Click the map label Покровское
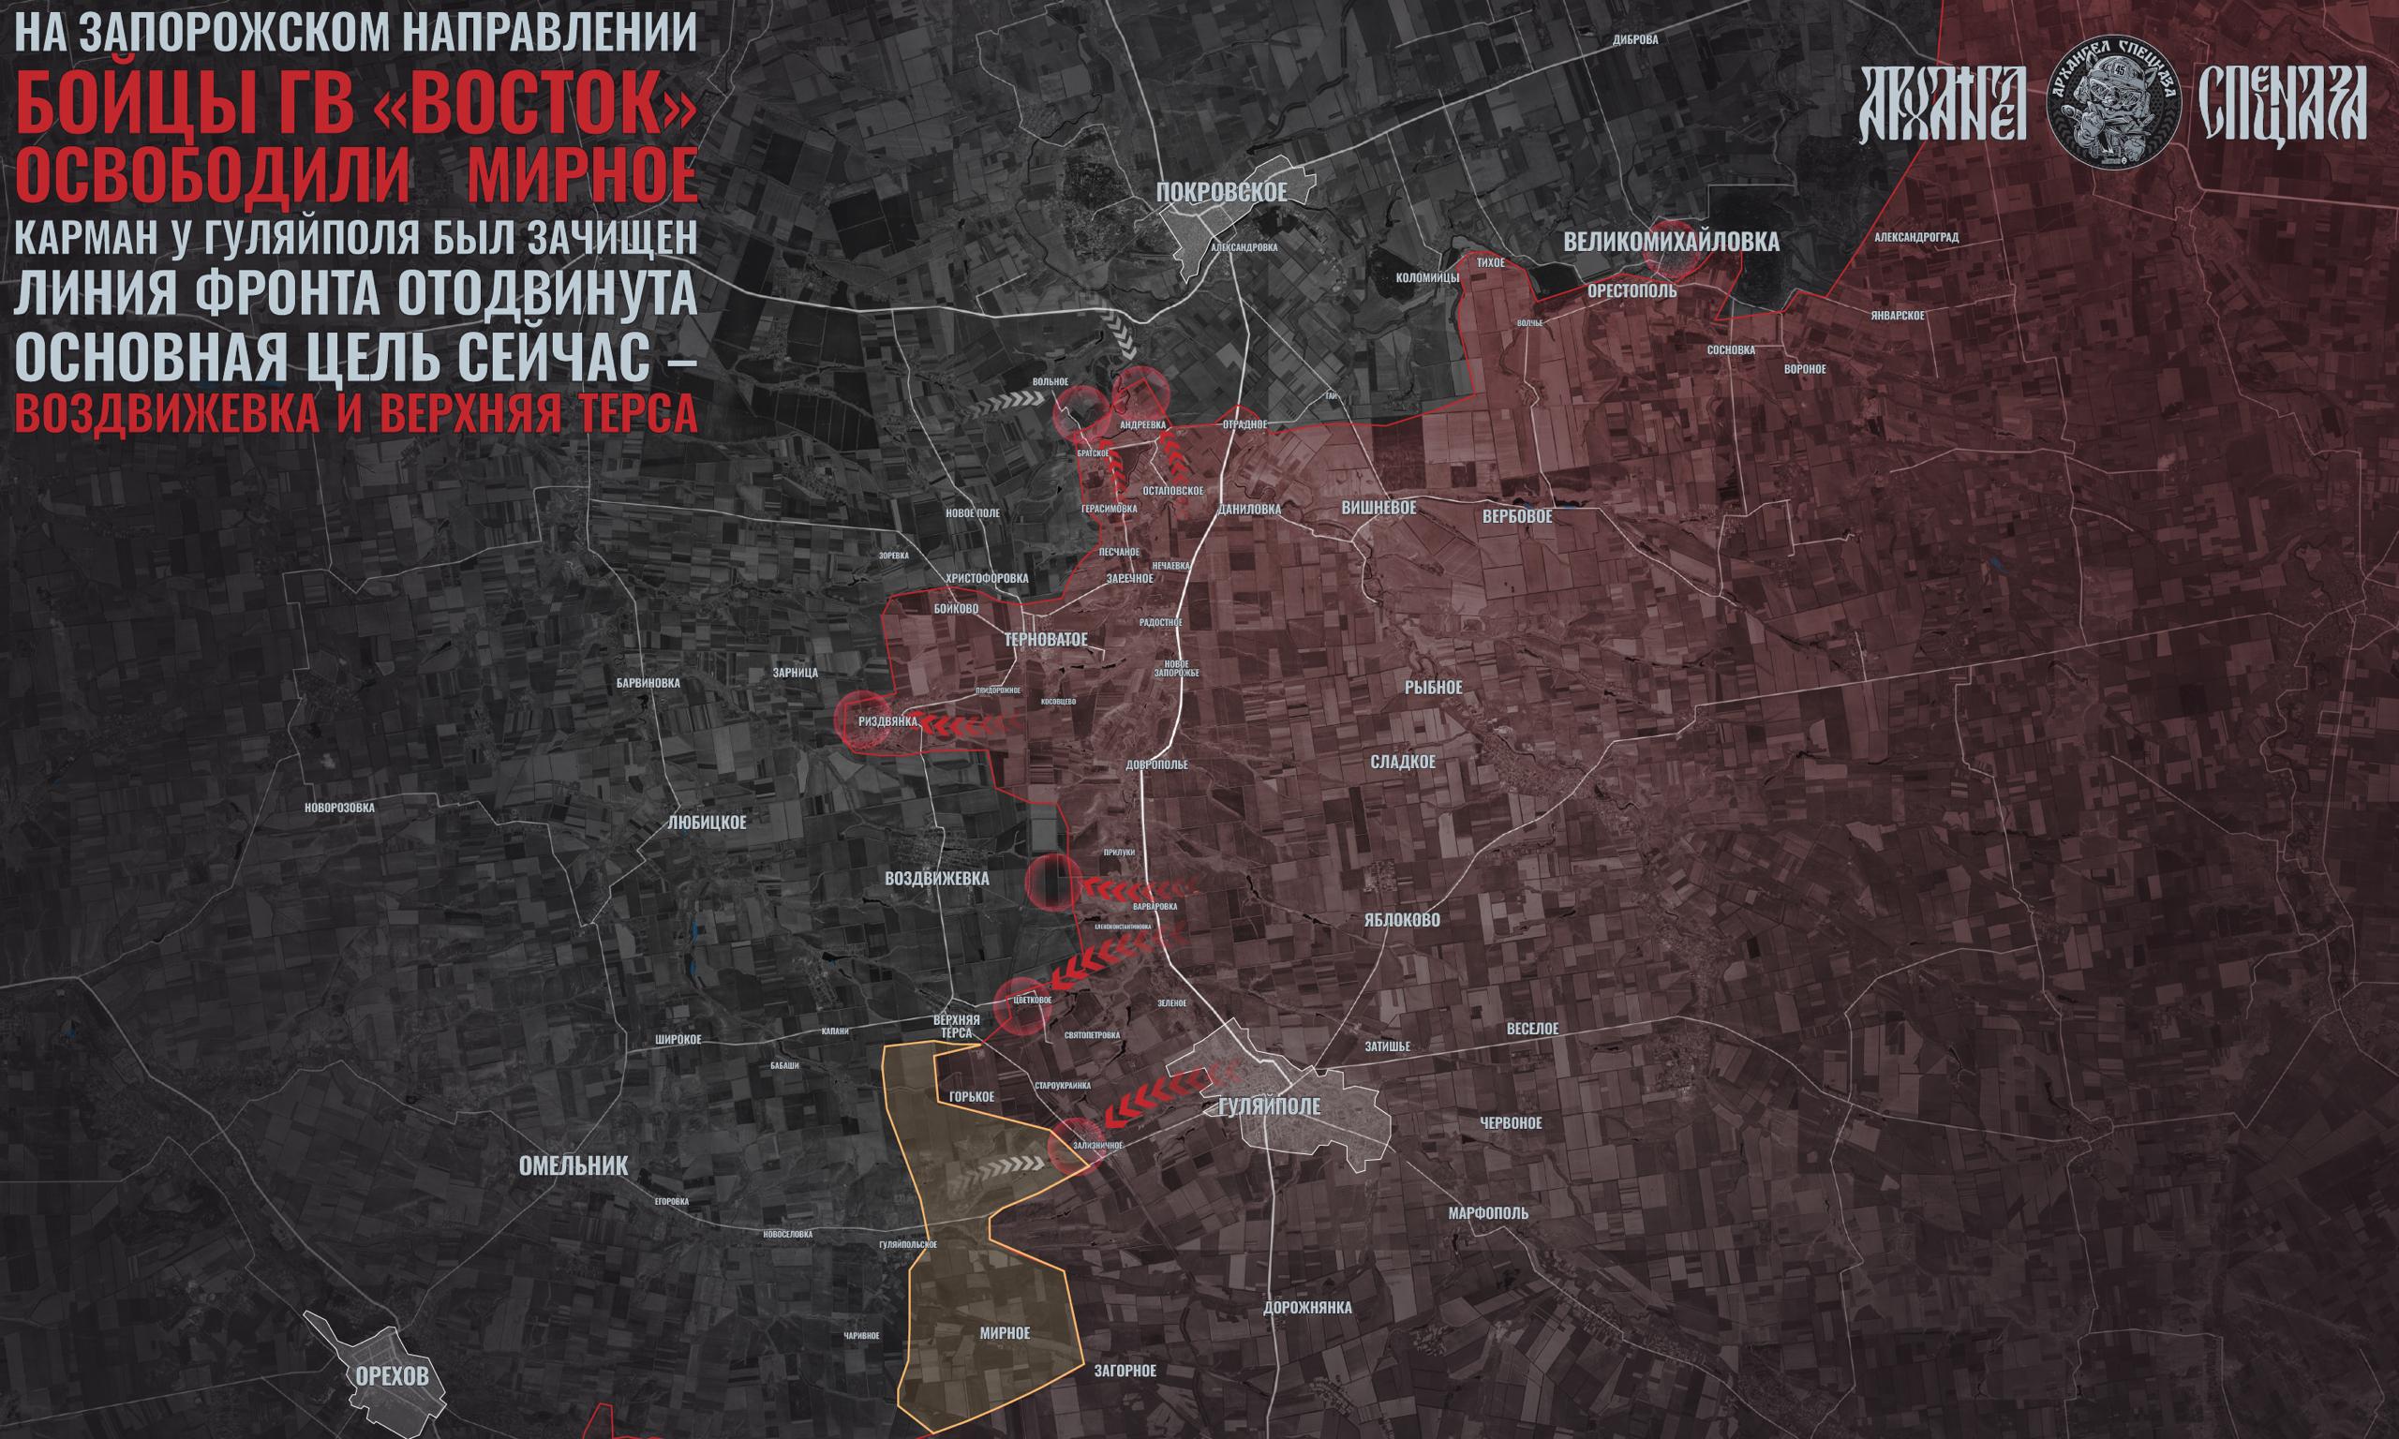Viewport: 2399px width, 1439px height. click(1221, 192)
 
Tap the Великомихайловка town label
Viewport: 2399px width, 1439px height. click(1672, 243)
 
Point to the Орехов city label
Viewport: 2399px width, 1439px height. click(392, 1377)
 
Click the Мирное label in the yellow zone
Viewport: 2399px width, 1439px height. click(1005, 1333)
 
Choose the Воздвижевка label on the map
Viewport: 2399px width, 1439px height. click(937, 879)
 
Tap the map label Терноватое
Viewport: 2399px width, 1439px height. click(1048, 640)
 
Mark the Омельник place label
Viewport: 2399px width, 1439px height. click(574, 1165)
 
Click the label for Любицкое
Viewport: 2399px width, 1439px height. click(707, 823)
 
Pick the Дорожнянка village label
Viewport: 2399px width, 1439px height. click(1307, 1307)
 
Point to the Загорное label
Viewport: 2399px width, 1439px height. click(1125, 1372)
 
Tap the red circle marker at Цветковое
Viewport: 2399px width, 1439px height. click(1024, 1004)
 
